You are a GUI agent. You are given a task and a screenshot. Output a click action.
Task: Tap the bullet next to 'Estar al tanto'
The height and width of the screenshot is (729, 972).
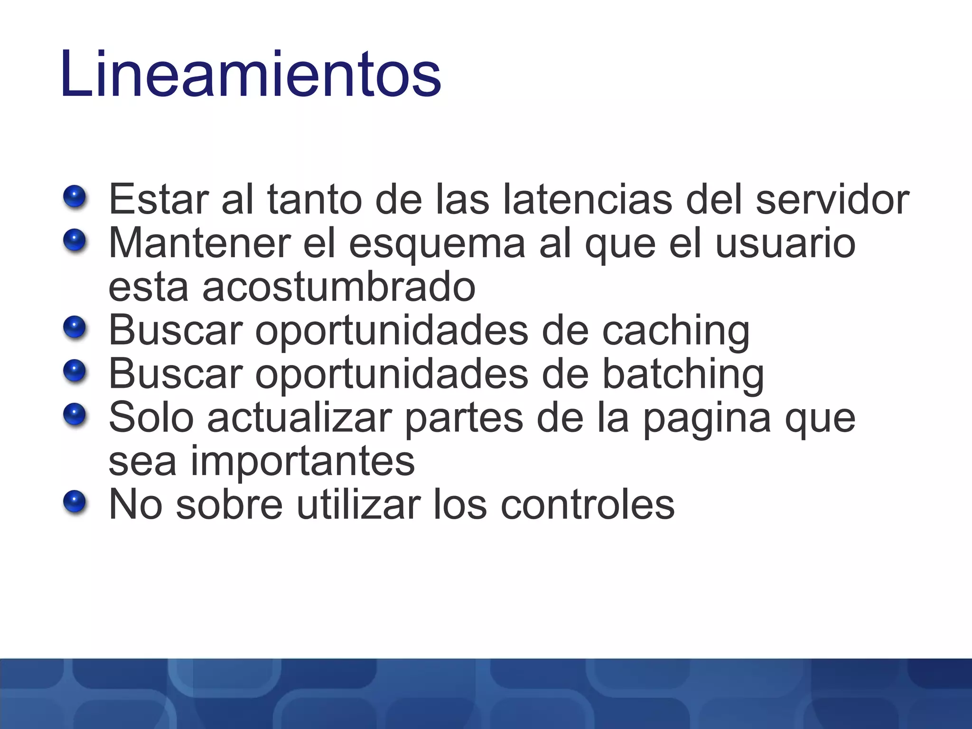[x=75, y=197]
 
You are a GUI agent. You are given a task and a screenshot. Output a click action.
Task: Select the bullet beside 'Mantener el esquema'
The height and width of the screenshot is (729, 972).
[x=75, y=241]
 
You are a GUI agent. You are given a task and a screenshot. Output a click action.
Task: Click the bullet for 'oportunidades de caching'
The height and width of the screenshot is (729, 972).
[x=75, y=328]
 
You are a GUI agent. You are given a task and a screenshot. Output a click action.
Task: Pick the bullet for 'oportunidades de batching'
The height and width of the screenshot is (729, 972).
[x=75, y=372]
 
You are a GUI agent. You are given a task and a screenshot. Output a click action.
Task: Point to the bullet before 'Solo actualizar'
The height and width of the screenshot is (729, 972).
[x=75, y=415]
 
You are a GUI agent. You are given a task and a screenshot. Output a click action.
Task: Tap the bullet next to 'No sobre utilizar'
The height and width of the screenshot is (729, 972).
[x=75, y=503]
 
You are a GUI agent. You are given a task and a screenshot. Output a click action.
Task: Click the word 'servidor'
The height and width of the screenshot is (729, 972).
[x=832, y=199]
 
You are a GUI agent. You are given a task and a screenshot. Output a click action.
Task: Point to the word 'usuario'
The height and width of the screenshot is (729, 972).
[x=785, y=243]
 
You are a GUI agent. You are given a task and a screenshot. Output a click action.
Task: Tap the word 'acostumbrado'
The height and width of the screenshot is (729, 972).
[x=339, y=287]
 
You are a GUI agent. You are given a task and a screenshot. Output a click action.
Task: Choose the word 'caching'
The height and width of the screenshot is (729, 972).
[x=676, y=331]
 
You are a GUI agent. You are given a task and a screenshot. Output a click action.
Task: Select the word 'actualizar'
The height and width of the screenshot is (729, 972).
[x=299, y=418]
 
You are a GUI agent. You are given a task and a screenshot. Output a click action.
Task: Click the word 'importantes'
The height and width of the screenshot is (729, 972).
[x=302, y=462]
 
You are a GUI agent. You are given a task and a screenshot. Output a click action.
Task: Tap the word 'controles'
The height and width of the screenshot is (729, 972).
[x=588, y=505]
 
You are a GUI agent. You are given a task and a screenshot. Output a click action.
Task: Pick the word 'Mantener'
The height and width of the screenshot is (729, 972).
[x=200, y=243]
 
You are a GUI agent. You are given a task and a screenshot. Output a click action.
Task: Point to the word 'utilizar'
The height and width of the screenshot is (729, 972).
[x=359, y=505]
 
